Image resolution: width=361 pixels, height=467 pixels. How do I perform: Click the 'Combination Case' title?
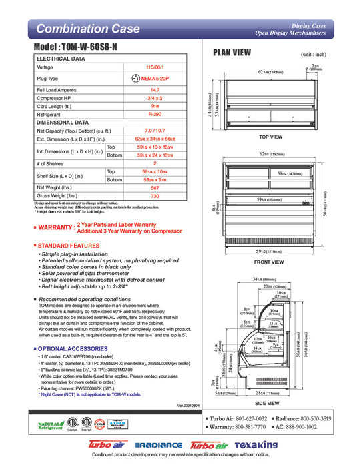coord(87,29)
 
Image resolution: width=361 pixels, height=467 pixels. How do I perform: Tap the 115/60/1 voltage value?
coord(155,67)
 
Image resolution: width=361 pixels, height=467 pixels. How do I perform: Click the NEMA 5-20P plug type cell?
coord(155,78)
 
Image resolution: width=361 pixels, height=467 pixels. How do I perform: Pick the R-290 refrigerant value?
coord(155,114)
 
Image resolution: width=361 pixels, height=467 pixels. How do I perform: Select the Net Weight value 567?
coord(155,188)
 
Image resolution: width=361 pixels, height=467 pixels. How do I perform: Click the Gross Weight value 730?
coord(155,197)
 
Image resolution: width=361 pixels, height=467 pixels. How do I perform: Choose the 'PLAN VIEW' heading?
coord(232,53)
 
